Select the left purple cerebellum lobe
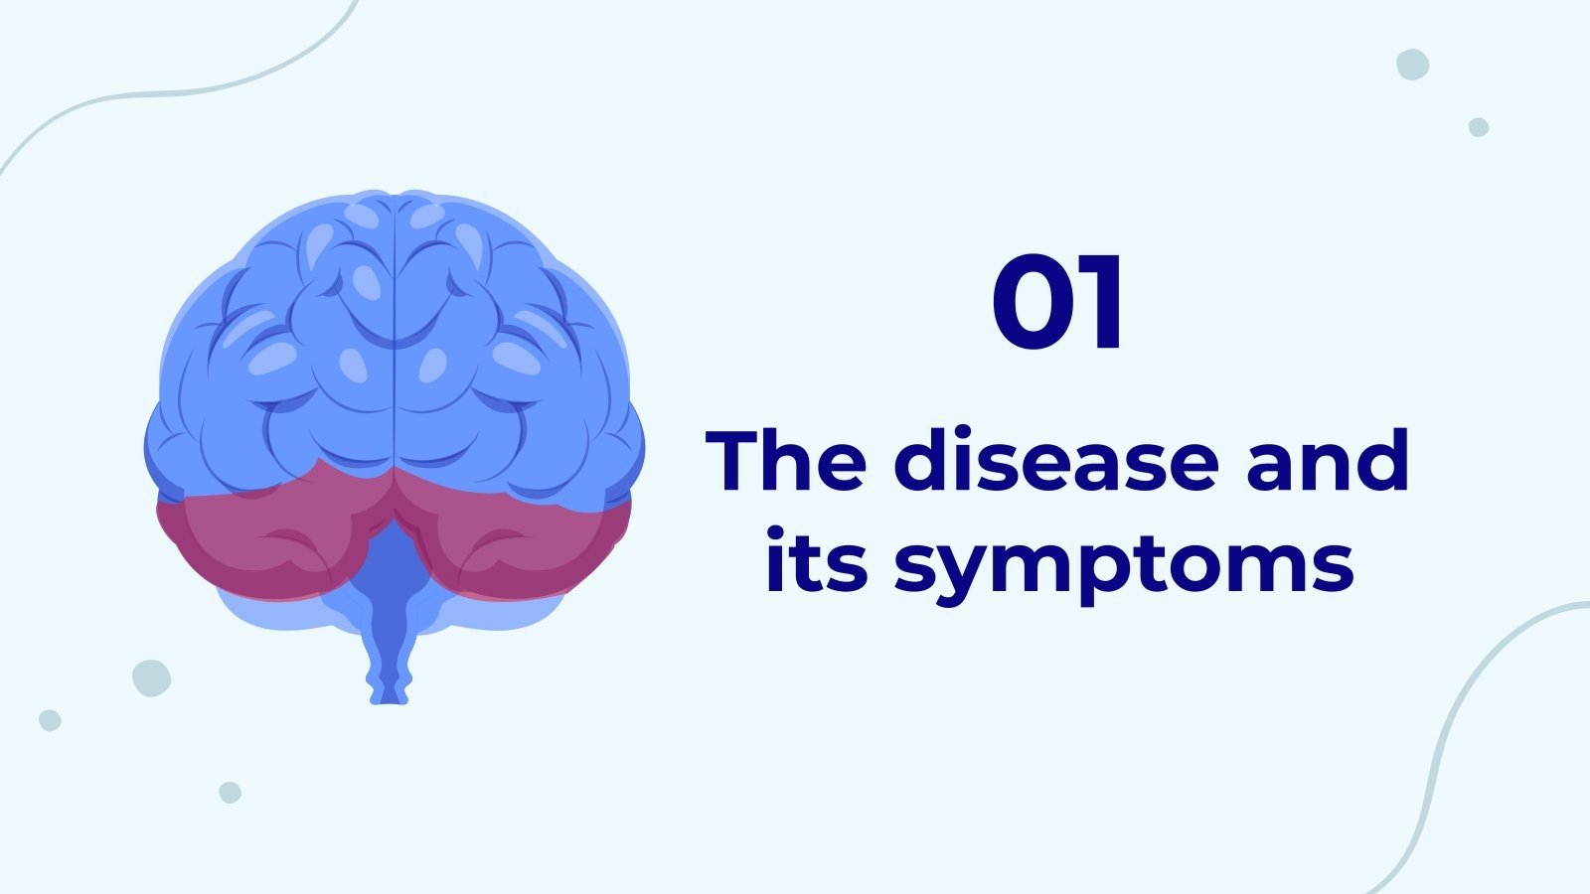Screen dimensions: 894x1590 pos(258,541)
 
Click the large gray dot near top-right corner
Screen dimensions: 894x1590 pos(1412,64)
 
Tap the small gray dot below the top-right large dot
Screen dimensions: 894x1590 pos(1479,127)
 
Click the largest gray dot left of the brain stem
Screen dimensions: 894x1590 pos(151,677)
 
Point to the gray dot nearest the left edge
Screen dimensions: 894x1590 pos(50,720)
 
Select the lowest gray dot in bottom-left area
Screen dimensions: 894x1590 pos(230,792)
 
